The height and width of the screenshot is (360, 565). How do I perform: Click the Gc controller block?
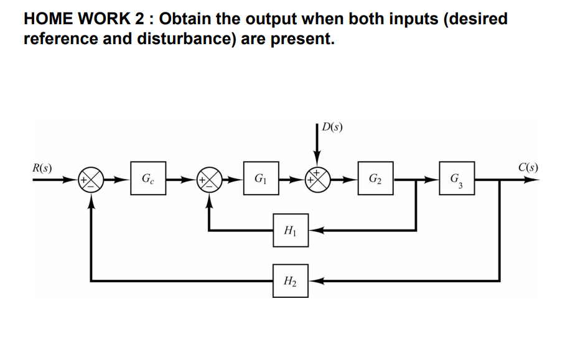tap(147, 180)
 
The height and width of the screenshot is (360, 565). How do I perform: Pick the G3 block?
tap(457, 180)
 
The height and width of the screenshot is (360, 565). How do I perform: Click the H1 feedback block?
tap(290, 230)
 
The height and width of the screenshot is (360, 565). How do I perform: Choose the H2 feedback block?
tap(290, 280)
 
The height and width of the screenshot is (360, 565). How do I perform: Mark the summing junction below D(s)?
tap(317, 180)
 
